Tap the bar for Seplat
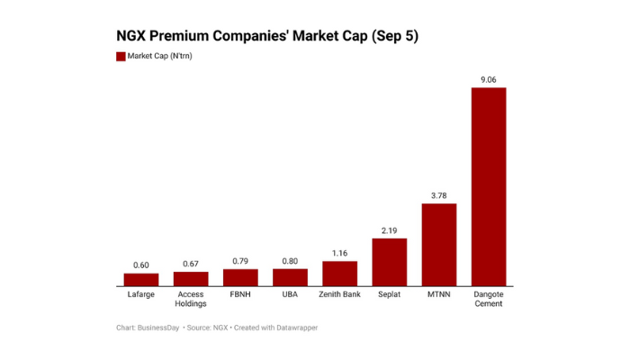pos(390,262)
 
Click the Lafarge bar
pos(141,279)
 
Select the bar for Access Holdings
pos(191,278)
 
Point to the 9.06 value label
pos(489,80)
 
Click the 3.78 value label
pos(439,195)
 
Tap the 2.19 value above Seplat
pos(390,230)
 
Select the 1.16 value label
pos(339,253)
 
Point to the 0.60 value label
pos(141,265)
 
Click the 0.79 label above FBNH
pos(240,261)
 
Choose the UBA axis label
pos(290,294)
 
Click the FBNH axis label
pos(240,294)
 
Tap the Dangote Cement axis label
pos(489,299)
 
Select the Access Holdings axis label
pos(191,299)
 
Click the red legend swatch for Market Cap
pos(121,56)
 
